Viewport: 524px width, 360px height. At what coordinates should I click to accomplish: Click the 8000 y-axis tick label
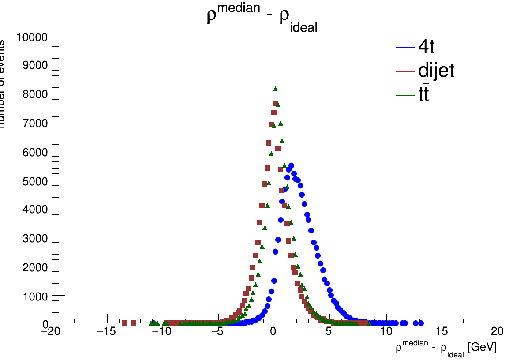pyautogui.click(x=34, y=94)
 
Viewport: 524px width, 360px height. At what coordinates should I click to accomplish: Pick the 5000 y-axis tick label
pyautogui.click(x=34, y=180)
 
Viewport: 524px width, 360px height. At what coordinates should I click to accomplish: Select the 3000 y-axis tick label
pyautogui.click(x=34, y=238)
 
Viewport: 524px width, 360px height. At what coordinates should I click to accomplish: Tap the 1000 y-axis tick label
pyautogui.click(x=34, y=295)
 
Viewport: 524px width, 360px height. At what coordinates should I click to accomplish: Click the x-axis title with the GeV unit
pyautogui.click(x=446, y=348)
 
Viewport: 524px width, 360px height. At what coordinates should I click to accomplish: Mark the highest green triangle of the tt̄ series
pyautogui.click(x=275, y=89)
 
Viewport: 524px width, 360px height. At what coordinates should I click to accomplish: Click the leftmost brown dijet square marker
pyautogui.click(x=124, y=323)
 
